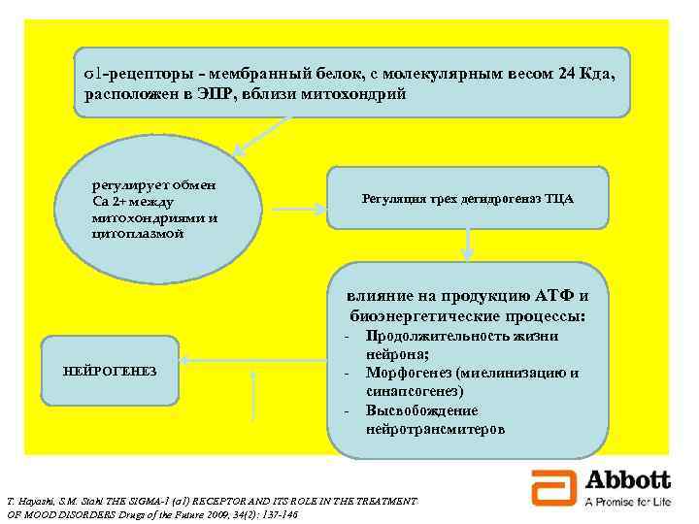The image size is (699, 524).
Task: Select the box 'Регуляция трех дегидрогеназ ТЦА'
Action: click(x=467, y=199)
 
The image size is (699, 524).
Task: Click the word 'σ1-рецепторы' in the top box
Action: click(x=123, y=75)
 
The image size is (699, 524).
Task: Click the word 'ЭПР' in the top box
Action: click(x=229, y=95)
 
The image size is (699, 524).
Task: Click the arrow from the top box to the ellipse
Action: click(x=264, y=134)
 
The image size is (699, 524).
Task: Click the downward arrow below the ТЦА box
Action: click(x=467, y=244)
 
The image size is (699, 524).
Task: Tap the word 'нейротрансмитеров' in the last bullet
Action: click(x=435, y=428)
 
